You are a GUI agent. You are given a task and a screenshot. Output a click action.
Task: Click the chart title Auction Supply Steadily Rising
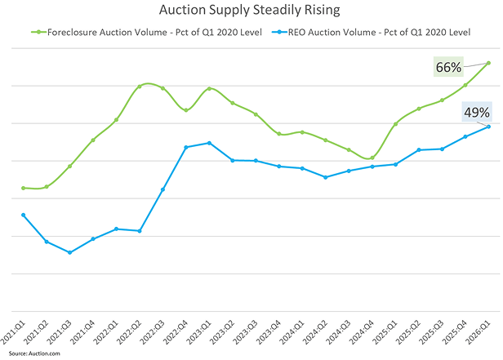click(251, 11)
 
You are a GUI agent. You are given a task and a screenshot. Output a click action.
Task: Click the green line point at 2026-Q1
click(488, 63)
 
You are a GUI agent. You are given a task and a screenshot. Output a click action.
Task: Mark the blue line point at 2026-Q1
click(488, 127)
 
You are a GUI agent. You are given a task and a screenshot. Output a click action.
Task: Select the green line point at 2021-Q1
click(23, 188)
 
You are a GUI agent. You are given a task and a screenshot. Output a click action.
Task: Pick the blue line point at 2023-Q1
click(209, 143)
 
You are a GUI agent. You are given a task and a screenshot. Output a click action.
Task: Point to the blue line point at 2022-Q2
click(140, 231)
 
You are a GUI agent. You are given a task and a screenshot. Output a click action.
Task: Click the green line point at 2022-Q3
click(162, 88)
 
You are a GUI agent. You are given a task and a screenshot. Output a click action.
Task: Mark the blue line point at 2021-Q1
click(23, 215)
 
